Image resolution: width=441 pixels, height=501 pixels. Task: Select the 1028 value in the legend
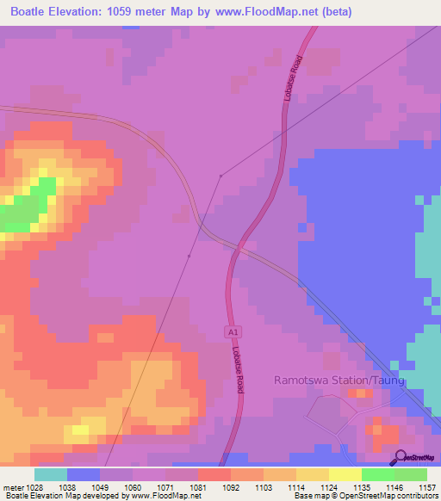[x=35, y=486]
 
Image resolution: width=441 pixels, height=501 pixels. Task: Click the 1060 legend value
[x=134, y=486]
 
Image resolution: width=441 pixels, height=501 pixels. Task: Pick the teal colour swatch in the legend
[x=51, y=474]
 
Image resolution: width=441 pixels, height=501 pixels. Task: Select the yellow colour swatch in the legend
[x=345, y=474]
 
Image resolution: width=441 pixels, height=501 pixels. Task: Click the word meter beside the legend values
[x=12, y=486]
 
